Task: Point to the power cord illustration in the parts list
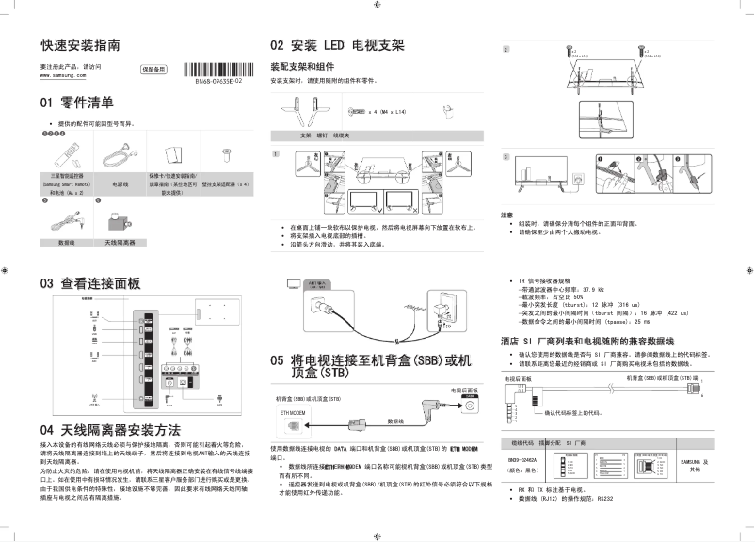tap(119, 153)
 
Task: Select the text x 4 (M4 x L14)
tap(386, 111)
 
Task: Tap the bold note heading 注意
tap(506, 215)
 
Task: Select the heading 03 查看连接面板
tap(89, 282)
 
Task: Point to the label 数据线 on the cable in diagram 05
tap(395, 422)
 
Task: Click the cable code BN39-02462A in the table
tap(522, 460)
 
